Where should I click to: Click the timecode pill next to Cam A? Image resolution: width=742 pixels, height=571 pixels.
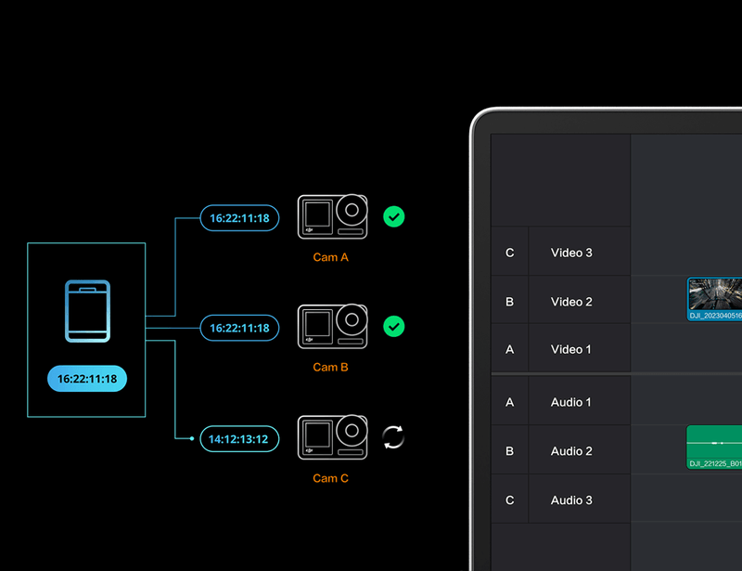239,218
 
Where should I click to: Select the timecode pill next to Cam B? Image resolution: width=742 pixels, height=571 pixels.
239,328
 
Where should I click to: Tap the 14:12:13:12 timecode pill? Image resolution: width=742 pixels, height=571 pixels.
239,439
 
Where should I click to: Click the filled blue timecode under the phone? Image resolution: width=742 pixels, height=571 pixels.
87,379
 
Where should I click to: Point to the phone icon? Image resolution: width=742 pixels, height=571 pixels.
87,311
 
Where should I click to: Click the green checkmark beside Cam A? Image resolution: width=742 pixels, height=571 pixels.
393,217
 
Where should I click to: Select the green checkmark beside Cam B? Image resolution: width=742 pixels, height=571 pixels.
393,327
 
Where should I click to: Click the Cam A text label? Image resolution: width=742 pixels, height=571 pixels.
331,257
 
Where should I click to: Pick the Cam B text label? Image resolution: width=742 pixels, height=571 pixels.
331,368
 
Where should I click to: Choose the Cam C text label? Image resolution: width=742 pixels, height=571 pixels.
331,478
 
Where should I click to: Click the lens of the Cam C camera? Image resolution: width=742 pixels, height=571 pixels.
352,431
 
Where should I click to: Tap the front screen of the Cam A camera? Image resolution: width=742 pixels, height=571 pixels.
317,214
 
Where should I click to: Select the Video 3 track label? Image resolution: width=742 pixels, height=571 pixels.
571,253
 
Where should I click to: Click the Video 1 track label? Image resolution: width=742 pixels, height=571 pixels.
570,349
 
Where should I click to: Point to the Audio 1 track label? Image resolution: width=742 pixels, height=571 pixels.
570,402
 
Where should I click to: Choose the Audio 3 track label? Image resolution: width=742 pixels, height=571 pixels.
571,500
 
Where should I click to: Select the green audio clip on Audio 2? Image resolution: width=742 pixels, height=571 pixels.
714,448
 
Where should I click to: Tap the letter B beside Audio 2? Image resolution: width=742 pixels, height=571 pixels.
509,451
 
